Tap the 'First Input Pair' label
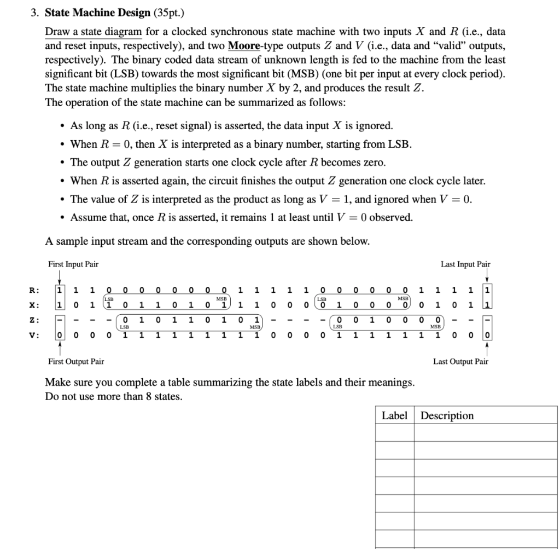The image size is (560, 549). [x=73, y=264]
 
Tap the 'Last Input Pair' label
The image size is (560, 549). [x=465, y=264]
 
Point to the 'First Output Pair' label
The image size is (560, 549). [x=76, y=361]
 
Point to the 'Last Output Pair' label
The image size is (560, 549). [x=460, y=361]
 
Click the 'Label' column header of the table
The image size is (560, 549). [x=394, y=416]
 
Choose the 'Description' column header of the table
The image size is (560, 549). [x=447, y=416]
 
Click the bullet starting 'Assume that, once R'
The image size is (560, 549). [x=241, y=217]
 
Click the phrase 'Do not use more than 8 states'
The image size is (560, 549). [x=113, y=396]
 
